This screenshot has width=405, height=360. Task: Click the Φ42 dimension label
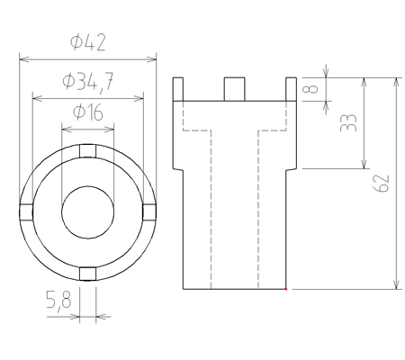click(x=88, y=42)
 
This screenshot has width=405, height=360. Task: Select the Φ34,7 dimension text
click(x=88, y=82)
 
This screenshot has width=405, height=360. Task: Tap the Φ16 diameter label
click(x=88, y=112)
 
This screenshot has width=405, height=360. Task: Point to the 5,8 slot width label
click(x=58, y=300)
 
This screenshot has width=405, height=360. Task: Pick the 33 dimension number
click(x=348, y=123)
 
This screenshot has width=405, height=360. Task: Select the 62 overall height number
click(x=382, y=184)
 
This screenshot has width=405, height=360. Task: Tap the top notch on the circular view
click(x=87, y=151)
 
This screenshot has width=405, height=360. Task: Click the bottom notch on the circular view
click(x=87, y=274)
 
